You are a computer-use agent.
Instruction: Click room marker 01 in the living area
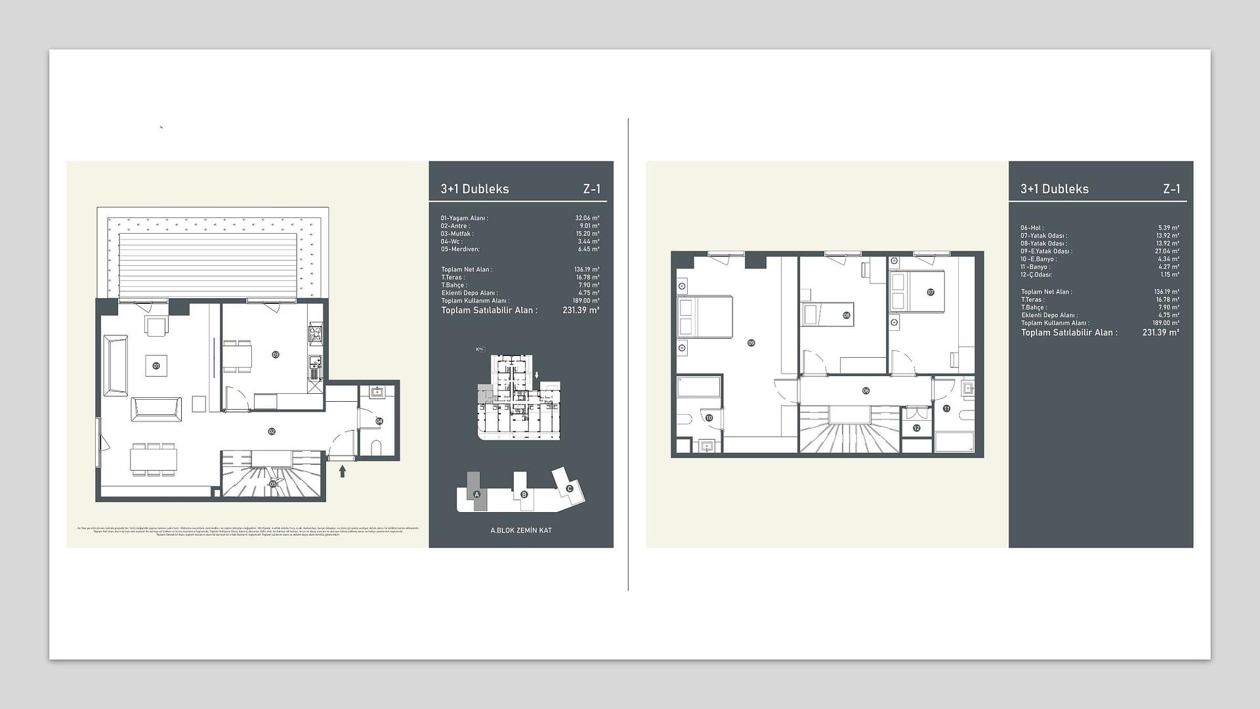pyautogui.click(x=156, y=366)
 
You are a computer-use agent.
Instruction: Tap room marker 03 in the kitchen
pyautogui.click(x=276, y=354)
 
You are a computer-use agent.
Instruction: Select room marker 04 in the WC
pyautogui.click(x=379, y=421)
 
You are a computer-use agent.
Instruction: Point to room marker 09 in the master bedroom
pyautogui.click(x=751, y=343)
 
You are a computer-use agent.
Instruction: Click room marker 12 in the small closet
pyautogui.click(x=917, y=428)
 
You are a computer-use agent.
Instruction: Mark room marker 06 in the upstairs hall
pyautogui.click(x=866, y=391)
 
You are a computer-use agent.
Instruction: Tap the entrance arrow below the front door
pyautogui.click(x=342, y=471)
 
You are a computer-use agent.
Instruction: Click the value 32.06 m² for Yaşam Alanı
pyautogui.click(x=587, y=218)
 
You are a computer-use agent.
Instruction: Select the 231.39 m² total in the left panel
pyautogui.click(x=580, y=310)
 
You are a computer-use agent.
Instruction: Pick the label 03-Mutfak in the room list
pyautogui.click(x=457, y=234)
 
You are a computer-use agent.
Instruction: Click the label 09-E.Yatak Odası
pyautogui.click(x=1046, y=251)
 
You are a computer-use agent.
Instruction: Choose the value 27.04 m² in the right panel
pyautogui.click(x=1167, y=251)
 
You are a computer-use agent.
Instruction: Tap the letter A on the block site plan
pyautogui.click(x=477, y=494)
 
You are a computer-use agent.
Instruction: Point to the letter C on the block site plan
pyautogui.click(x=569, y=488)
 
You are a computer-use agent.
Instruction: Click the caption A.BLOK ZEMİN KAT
pyautogui.click(x=521, y=530)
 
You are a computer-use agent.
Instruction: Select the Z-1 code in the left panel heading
pyautogui.click(x=591, y=189)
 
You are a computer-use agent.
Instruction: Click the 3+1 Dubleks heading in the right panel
pyautogui.click(x=1054, y=189)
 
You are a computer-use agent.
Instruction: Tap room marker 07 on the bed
pyautogui.click(x=930, y=292)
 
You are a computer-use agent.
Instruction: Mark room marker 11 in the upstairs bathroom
pyautogui.click(x=946, y=408)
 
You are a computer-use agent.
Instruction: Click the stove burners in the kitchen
pyautogui.click(x=316, y=334)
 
